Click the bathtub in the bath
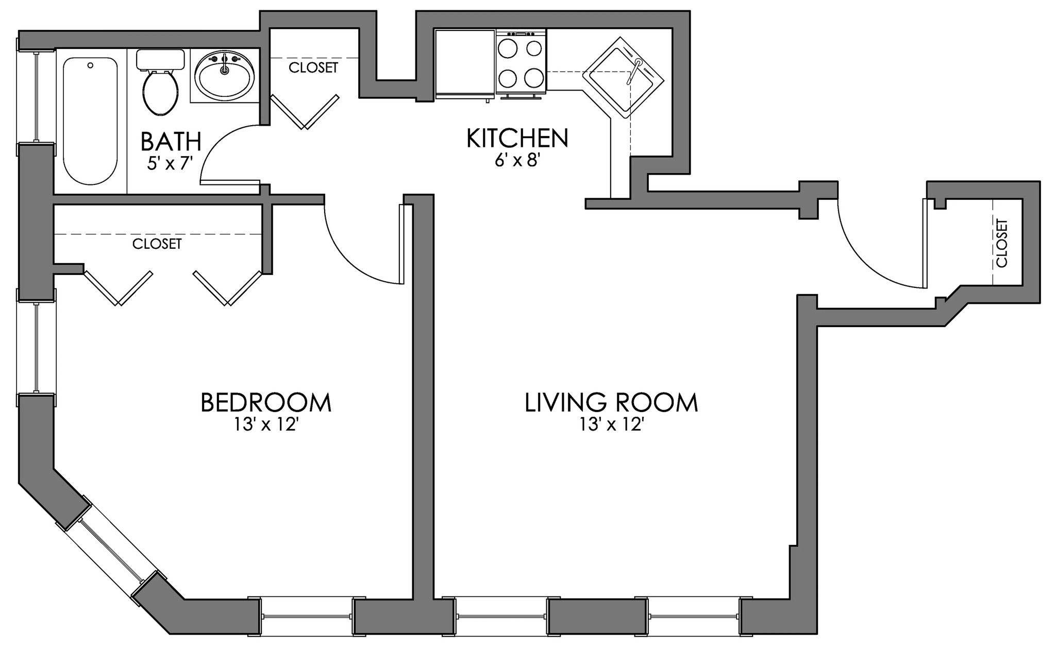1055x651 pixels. (90, 121)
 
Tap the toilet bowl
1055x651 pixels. (161, 93)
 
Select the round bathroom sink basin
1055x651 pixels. (224, 77)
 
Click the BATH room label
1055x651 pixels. (171, 141)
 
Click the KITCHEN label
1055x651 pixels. (517, 138)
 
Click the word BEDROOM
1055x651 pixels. (265, 403)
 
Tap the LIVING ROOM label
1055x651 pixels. (611, 403)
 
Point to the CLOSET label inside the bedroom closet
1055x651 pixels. (157, 244)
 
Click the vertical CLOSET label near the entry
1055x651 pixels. (1001, 243)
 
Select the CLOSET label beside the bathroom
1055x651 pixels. (313, 67)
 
